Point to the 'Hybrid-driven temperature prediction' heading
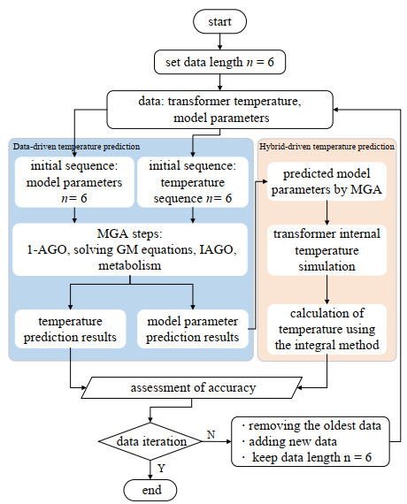coord(327,144)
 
